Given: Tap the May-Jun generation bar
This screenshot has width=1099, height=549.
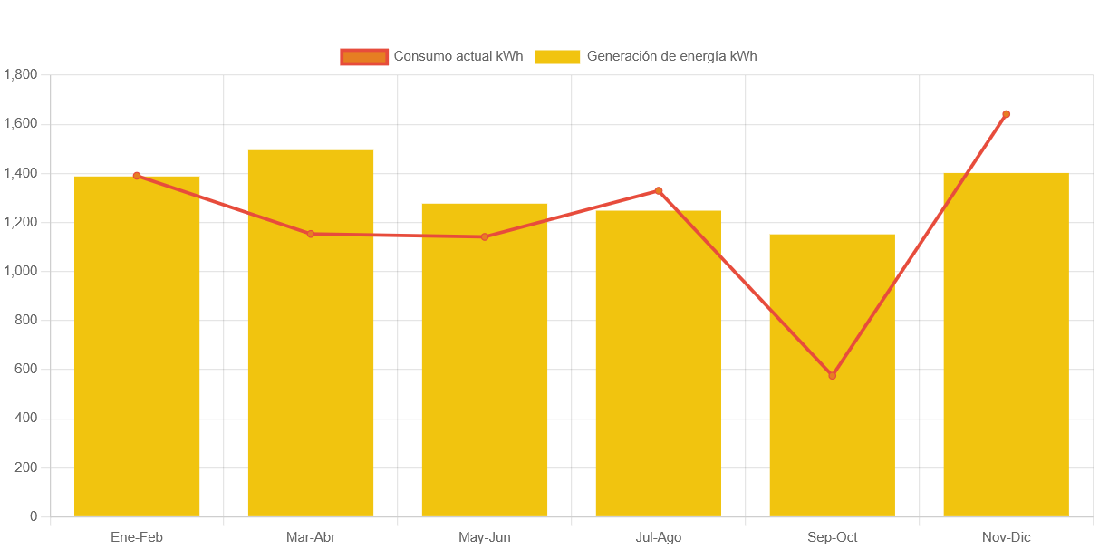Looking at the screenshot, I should pyautogui.click(x=485, y=362).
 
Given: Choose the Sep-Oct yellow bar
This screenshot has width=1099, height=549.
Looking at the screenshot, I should pyautogui.click(x=833, y=435).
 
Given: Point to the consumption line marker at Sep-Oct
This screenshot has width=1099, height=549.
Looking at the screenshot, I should pyautogui.click(x=833, y=375).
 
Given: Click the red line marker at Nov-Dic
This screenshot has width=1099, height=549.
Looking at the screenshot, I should pyautogui.click(x=1006, y=114).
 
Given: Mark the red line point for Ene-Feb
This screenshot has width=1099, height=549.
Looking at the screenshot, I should pyautogui.click(x=137, y=176).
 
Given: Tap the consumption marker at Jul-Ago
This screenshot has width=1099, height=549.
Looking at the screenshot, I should pyautogui.click(x=659, y=190).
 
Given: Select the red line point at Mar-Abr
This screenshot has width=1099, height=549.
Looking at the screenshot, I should pyautogui.click(x=311, y=234).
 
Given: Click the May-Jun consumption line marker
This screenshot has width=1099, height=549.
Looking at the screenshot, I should pyautogui.click(x=485, y=236).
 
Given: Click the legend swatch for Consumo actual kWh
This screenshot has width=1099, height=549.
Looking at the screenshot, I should pyautogui.click(x=364, y=56).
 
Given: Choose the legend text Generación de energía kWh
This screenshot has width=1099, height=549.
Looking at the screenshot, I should pyautogui.click(x=671, y=56).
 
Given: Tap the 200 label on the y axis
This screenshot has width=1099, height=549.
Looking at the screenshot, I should pyautogui.click(x=26, y=467).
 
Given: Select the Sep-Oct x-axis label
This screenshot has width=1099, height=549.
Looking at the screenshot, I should pyautogui.click(x=833, y=537).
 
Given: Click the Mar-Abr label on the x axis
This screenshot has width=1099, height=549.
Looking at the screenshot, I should pyautogui.click(x=311, y=537).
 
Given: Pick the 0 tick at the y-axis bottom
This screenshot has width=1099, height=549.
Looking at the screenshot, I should pyautogui.click(x=34, y=516).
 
